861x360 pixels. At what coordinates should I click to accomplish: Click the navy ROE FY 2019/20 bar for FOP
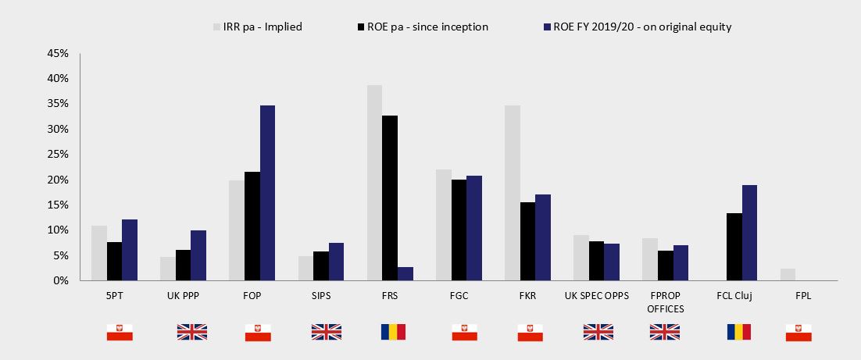(267, 193)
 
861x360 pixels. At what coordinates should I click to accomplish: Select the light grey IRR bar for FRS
(374, 183)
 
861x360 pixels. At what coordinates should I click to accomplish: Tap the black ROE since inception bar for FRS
(389, 198)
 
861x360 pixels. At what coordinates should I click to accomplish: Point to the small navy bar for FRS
(405, 274)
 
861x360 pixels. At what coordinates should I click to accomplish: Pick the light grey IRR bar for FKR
(512, 193)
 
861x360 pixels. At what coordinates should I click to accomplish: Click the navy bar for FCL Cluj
(749, 233)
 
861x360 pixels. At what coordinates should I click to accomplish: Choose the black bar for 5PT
(115, 261)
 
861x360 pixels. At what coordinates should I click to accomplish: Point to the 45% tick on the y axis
(59, 54)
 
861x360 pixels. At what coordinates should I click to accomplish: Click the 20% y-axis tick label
(59, 180)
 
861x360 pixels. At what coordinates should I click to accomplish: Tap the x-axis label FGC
(458, 296)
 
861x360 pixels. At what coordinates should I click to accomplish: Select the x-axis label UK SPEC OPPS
(596, 296)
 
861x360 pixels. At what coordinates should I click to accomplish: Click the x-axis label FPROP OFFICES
(665, 302)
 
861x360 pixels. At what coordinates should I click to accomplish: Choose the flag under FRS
(393, 332)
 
